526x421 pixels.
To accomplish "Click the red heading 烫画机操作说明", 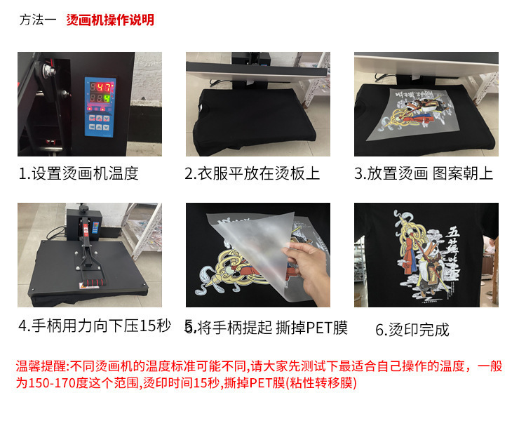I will point(110,20).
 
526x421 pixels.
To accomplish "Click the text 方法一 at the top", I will point(38,20).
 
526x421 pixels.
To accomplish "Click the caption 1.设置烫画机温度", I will point(79,173).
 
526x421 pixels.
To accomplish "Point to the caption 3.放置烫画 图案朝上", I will point(424,173).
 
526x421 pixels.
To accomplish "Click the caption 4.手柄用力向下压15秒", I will point(95,326).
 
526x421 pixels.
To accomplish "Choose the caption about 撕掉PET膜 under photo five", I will point(266,327).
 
